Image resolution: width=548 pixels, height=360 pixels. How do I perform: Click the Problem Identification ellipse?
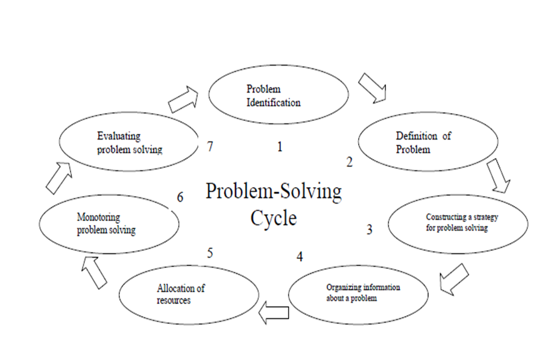pos(279,97)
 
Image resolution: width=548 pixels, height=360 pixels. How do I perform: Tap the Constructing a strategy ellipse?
pos(458,223)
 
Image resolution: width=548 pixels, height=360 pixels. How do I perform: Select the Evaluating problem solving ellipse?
pos(129,142)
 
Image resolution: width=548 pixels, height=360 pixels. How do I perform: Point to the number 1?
pos(279,148)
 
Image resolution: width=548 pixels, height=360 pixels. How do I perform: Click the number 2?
pos(350,163)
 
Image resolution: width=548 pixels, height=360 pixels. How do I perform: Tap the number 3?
pos(369,229)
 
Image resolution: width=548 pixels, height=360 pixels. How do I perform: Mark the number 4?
pos(299,256)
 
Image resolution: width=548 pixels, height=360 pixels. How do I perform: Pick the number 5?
pos(210,253)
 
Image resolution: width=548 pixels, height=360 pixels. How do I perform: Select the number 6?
pos(180,197)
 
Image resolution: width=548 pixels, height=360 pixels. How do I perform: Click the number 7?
pos(210,146)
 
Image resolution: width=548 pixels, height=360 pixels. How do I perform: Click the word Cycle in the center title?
pos(273,218)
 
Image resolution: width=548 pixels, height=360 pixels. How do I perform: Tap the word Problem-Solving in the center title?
pos(273,192)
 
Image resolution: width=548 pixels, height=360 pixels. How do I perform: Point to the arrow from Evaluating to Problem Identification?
pos(184,98)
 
